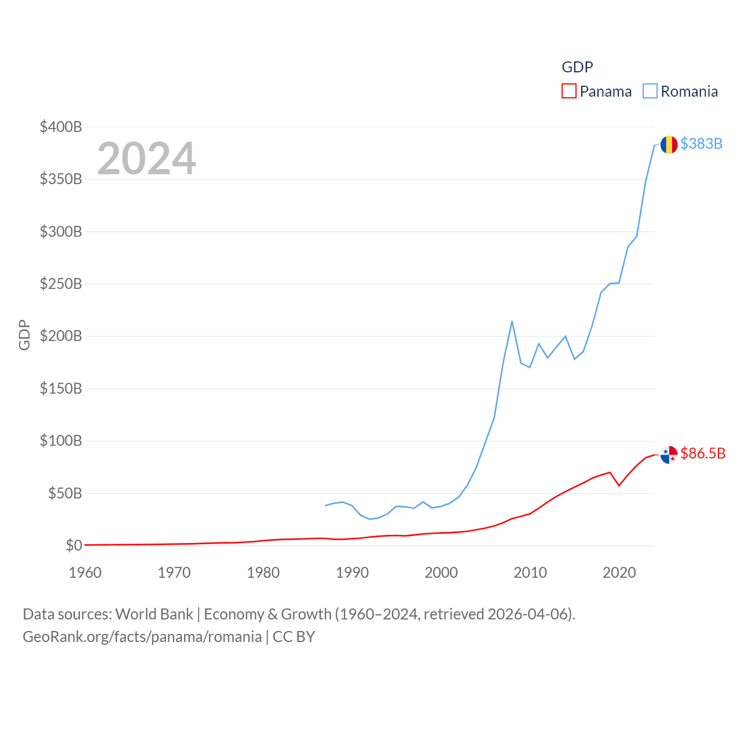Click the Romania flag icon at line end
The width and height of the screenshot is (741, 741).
click(669, 145)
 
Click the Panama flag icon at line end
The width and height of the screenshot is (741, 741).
click(669, 455)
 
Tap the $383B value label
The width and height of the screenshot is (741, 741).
click(701, 144)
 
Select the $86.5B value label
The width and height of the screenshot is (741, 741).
click(703, 453)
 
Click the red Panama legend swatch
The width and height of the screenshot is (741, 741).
click(569, 91)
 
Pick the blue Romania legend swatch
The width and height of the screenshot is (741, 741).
click(650, 91)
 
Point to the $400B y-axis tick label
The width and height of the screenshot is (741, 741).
click(61, 127)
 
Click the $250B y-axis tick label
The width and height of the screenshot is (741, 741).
click(61, 284)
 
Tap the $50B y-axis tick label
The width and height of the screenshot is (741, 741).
click(65, 493)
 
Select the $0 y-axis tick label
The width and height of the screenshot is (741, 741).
click(74, 545)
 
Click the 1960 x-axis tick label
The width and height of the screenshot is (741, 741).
click(85, 573)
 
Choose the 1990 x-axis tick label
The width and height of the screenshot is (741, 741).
click(352, 573)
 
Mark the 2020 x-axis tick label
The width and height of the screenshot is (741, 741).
click(619, 573)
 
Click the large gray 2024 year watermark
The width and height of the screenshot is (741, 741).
click(146, 159)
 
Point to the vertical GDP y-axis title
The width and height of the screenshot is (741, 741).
click(24, 335)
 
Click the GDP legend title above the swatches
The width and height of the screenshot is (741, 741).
click(577, 67)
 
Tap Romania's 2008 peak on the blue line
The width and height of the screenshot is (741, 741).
click(512, 321)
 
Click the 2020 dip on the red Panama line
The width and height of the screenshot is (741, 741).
click(619, 485)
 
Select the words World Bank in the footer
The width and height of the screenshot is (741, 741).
click(154, 614)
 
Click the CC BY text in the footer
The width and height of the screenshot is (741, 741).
click(294, 637)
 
